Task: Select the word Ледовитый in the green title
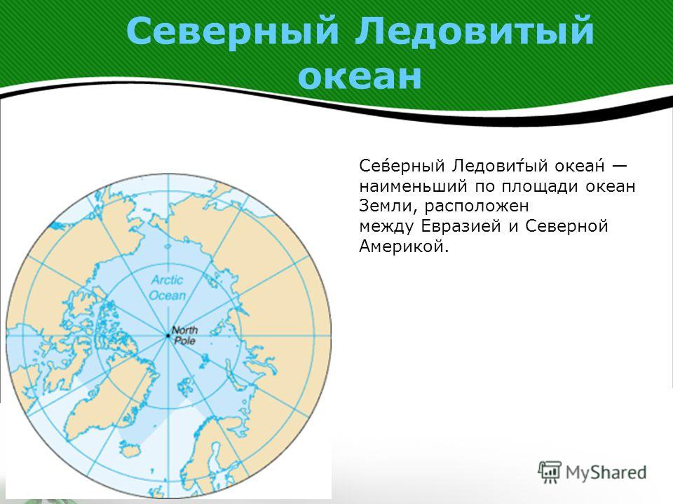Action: [475, 33]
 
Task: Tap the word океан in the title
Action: [360, 77]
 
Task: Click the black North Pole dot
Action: [168, 335]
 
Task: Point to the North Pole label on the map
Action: [185, 335]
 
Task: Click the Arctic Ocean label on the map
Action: [168, 288]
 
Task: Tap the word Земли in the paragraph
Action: [389, 206]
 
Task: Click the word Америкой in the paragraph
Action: [404, 246]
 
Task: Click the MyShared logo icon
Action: [550, 472]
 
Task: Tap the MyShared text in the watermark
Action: [606, 472]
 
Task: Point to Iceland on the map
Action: [130, 449]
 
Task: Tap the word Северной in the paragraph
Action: [566, 226]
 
